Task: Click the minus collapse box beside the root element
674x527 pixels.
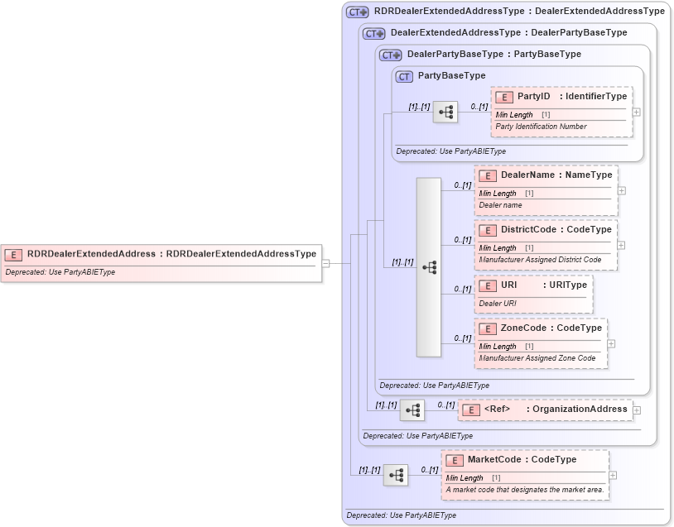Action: point(325,263)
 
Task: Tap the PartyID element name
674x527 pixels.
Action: point(534,97)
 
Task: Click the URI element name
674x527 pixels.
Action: point(509,285)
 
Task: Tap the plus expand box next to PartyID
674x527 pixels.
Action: point(636,112)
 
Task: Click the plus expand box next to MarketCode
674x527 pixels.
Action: point(612,475)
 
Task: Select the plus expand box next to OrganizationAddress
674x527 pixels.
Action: point(636,410)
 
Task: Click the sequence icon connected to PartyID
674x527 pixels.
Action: point(445,112)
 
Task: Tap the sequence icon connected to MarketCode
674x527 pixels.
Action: point(396,475)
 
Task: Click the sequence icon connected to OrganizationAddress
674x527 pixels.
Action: point(412,410)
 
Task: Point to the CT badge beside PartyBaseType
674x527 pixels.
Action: point(404,76)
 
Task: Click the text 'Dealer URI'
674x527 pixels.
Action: point(498,303)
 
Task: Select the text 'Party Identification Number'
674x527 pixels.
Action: point(541,127)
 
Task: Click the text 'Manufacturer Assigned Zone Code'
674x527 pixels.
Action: point(537,358)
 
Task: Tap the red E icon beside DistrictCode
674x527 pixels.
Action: point(488,230)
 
